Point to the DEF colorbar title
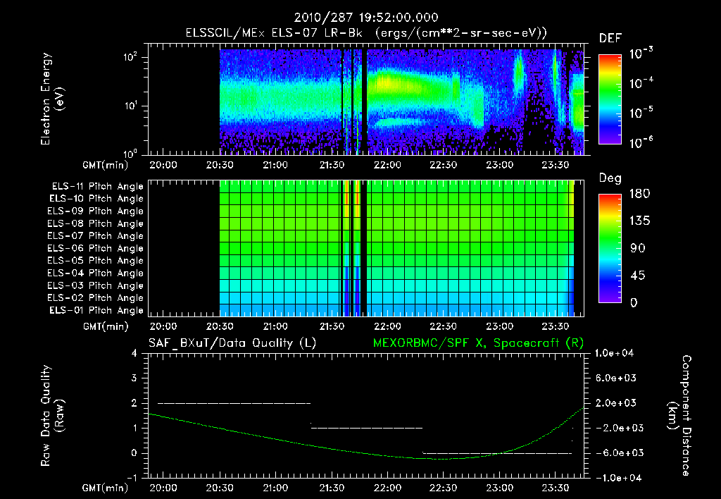click(x=610, y=38)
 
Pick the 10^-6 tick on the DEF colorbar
click(x=644, y=142)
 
